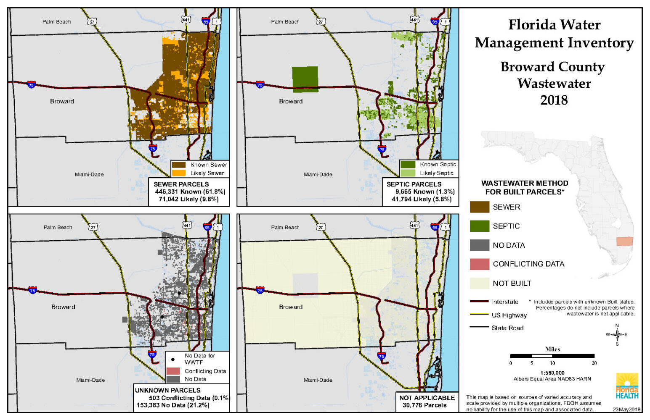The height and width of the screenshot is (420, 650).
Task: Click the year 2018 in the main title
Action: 554,100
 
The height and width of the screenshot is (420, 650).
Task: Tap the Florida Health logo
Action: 627,386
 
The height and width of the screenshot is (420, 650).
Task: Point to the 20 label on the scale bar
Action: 594,363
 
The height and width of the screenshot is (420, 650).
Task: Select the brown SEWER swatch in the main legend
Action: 479,207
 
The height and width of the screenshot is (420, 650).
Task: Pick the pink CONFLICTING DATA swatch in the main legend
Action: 479,264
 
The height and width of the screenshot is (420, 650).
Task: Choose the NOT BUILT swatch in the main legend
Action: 479,283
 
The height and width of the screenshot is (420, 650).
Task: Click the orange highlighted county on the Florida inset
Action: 624,241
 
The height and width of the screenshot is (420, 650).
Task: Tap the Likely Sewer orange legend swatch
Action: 179,173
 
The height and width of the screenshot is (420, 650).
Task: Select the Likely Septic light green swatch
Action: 408,173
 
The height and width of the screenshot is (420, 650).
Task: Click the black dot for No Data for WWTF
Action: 173,360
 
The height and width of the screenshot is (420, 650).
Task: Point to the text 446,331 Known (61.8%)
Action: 190,192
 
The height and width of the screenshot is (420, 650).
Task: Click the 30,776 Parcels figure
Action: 424,405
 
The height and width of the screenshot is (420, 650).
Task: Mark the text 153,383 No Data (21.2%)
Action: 173,405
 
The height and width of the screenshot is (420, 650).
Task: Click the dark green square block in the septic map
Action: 305,79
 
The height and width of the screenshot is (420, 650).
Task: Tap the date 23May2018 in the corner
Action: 626,409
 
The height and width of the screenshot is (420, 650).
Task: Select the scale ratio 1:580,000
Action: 552,373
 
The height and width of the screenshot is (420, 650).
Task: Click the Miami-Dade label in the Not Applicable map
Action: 318,380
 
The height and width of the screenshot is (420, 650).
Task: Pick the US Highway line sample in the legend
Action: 479,314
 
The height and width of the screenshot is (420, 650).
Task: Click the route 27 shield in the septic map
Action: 321,21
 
